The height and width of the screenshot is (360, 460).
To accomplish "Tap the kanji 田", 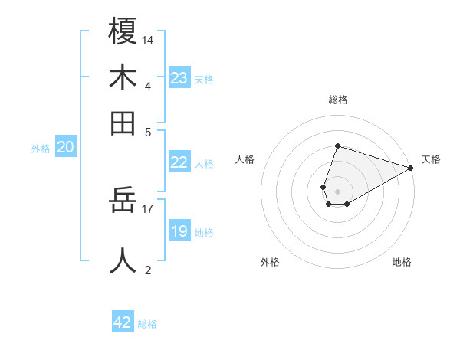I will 123,123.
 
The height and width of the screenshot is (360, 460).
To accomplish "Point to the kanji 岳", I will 123,200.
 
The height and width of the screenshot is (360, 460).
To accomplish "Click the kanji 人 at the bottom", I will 123,260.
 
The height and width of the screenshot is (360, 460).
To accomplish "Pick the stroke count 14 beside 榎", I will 148,39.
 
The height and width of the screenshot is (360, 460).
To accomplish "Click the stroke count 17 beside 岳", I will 148,208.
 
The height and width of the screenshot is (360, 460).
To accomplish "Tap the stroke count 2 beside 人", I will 148,270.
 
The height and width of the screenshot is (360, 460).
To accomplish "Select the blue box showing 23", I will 179,78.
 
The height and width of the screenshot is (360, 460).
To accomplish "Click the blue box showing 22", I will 179,162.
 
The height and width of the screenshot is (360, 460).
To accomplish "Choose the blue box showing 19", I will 179,231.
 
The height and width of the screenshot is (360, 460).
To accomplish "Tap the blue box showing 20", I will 65,148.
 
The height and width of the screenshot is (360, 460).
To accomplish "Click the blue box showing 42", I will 123,322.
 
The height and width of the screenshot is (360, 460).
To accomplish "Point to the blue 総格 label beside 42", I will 147,324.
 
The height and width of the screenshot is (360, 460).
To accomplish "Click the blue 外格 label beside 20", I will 41,149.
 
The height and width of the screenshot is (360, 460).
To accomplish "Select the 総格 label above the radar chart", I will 337,100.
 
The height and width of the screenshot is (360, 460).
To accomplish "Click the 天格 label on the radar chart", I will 431,159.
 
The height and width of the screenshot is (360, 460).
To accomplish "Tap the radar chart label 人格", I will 245,159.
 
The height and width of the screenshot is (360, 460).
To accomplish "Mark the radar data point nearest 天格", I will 411,168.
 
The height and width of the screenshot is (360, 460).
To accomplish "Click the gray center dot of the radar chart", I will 337,190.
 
